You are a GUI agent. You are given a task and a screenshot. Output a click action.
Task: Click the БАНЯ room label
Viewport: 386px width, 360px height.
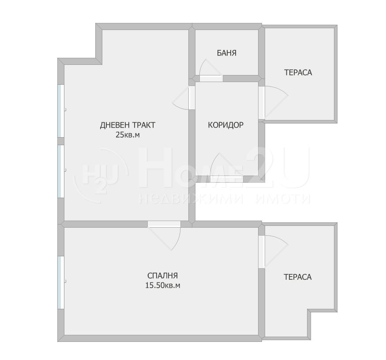point(226,53)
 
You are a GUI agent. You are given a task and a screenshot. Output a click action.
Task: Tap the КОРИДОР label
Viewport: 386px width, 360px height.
point(226,125)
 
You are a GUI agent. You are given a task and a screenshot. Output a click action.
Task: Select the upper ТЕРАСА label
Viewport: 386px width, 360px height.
point(298,73)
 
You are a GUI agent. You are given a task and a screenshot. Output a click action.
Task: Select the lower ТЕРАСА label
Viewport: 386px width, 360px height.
point(298,277)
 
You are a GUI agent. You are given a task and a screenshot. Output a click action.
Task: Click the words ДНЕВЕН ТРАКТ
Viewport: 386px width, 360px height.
point(127,125)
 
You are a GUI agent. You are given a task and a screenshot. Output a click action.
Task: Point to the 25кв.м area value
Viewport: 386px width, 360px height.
point(127,135)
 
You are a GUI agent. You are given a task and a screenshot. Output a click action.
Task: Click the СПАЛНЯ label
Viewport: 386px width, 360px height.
point(162,275)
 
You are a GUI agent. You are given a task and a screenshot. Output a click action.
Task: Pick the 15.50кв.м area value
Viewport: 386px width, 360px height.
point(163,285)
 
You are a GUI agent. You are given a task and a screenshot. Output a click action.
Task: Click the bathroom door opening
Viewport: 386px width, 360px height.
point(211,78)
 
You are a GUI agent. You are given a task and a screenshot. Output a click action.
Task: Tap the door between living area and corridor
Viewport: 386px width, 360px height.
point(192,98)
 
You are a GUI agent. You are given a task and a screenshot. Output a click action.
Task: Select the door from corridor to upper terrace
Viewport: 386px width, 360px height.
point(262,103)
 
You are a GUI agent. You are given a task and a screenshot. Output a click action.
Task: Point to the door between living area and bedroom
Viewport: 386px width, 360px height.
point(164,224)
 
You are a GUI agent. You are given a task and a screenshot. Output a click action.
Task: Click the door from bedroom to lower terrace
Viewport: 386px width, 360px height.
point(262,251)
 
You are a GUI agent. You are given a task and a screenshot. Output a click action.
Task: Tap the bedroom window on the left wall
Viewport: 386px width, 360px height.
point(61,282)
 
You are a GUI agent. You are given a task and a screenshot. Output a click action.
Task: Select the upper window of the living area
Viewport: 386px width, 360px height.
point(61,111)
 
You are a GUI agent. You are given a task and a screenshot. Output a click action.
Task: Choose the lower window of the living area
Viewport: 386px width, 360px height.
point(61,171)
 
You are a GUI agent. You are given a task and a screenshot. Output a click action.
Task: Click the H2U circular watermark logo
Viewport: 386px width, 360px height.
point(101,175)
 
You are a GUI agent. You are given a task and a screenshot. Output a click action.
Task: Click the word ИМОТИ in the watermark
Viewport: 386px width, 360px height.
point(282,199)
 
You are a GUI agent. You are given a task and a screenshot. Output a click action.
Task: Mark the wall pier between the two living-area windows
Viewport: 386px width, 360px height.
point(61,141)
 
